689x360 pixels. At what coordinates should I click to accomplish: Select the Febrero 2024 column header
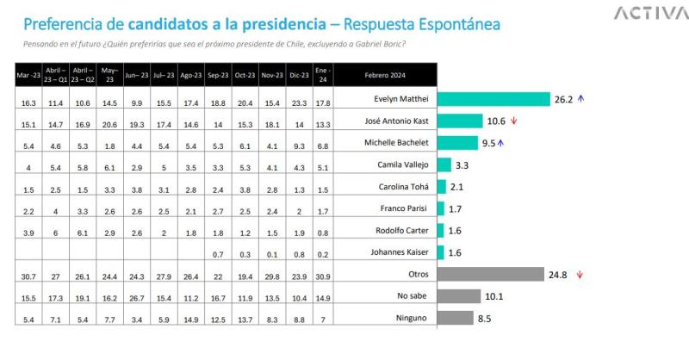click(385, 75)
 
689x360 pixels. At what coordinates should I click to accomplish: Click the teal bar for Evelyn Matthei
click(493, 99)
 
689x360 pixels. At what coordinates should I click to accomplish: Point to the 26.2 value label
click(563, 99)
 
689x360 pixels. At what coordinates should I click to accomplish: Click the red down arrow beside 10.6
click(514, 121)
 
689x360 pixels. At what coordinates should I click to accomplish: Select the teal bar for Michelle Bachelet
click(457, 143)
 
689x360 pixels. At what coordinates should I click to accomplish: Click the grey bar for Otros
click(490, 275)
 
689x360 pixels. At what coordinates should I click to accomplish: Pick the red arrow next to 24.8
click(580, 275)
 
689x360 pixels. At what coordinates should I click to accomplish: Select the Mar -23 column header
click(27, 75)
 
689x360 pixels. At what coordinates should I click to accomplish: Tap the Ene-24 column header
click(323, 75)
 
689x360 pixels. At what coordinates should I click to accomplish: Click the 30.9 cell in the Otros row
click(323, 275)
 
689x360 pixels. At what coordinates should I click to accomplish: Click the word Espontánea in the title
click(446, 23)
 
